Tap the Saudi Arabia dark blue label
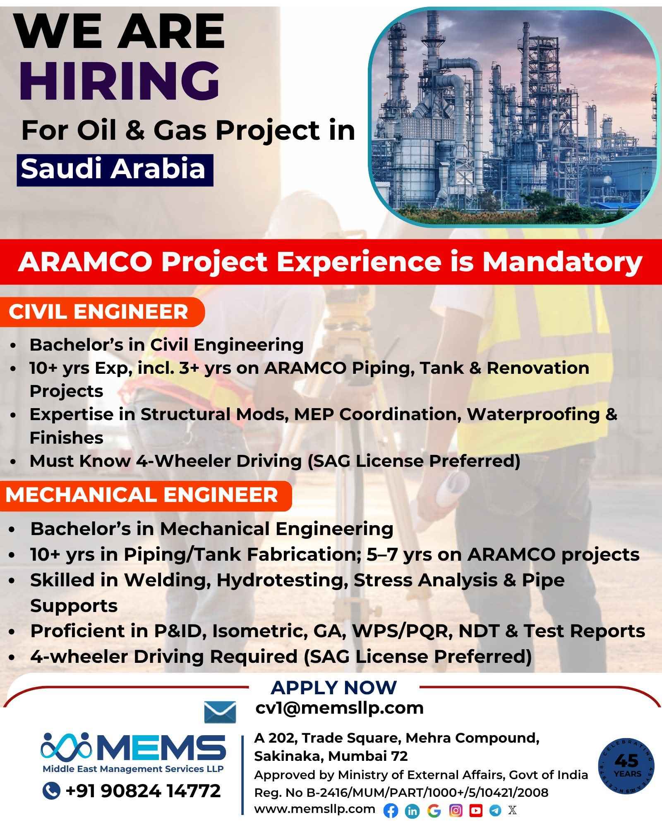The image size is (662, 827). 115,170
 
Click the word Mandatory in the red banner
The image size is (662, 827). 562,262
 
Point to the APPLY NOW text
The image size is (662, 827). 333,687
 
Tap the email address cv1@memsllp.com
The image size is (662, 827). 339,708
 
